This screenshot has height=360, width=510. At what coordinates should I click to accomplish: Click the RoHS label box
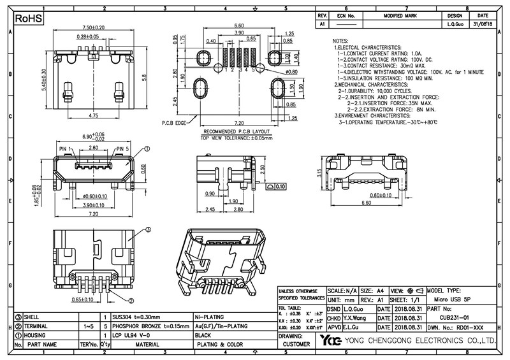[29, 18]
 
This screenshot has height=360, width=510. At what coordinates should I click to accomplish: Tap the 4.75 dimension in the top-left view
[93, 116]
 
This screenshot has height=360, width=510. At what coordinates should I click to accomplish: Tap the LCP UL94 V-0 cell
[131, 335]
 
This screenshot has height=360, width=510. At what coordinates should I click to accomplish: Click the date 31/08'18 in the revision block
[483, 24]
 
